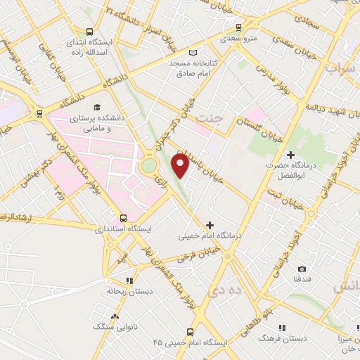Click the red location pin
pos(181,165)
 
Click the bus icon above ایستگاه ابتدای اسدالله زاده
pos(89,32)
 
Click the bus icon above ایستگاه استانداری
pos(123,218)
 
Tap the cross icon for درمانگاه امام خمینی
pos(209,225)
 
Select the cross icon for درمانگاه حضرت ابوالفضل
pos(291,154)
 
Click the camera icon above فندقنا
pos(302,269)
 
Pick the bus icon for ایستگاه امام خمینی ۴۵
pos(190,331)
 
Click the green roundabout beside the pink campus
pos(149,166)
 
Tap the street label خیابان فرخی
pos(195,254)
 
